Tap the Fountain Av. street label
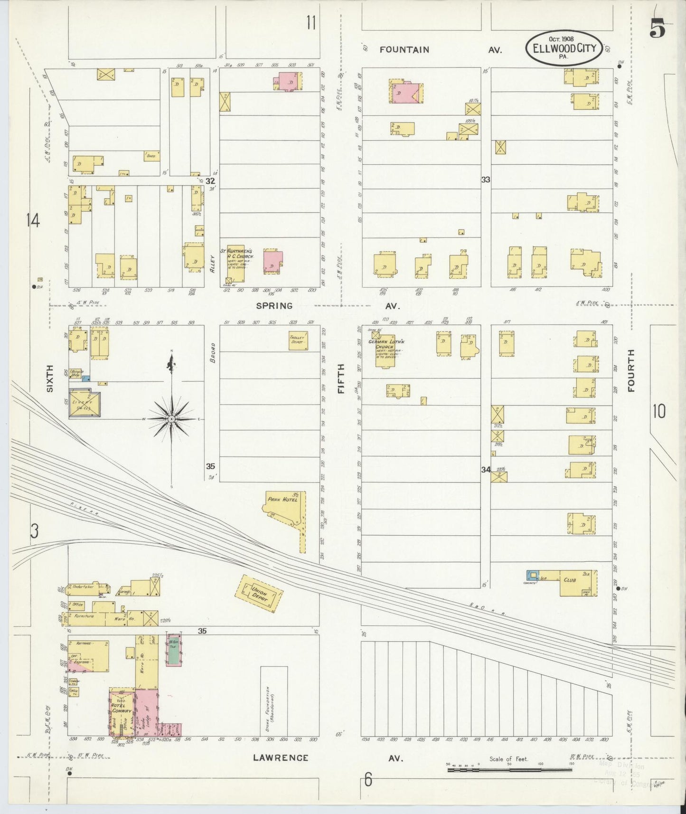click(x=404, y=49)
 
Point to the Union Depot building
click(x=260, y=594)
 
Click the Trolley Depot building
click(x=298, y=341)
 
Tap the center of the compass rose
click(x=171, y=419)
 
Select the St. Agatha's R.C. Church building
click(x=235, y=264)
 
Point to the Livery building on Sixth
click(x=85, y=404)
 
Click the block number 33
click(x=485, y=180)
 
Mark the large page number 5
click(x=658, y=28)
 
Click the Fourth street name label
click(x=631, y=370)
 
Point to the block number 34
click(x=485, y=470)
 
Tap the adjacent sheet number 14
click(x=33, y=220)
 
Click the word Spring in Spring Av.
click(x=274, y=306)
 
